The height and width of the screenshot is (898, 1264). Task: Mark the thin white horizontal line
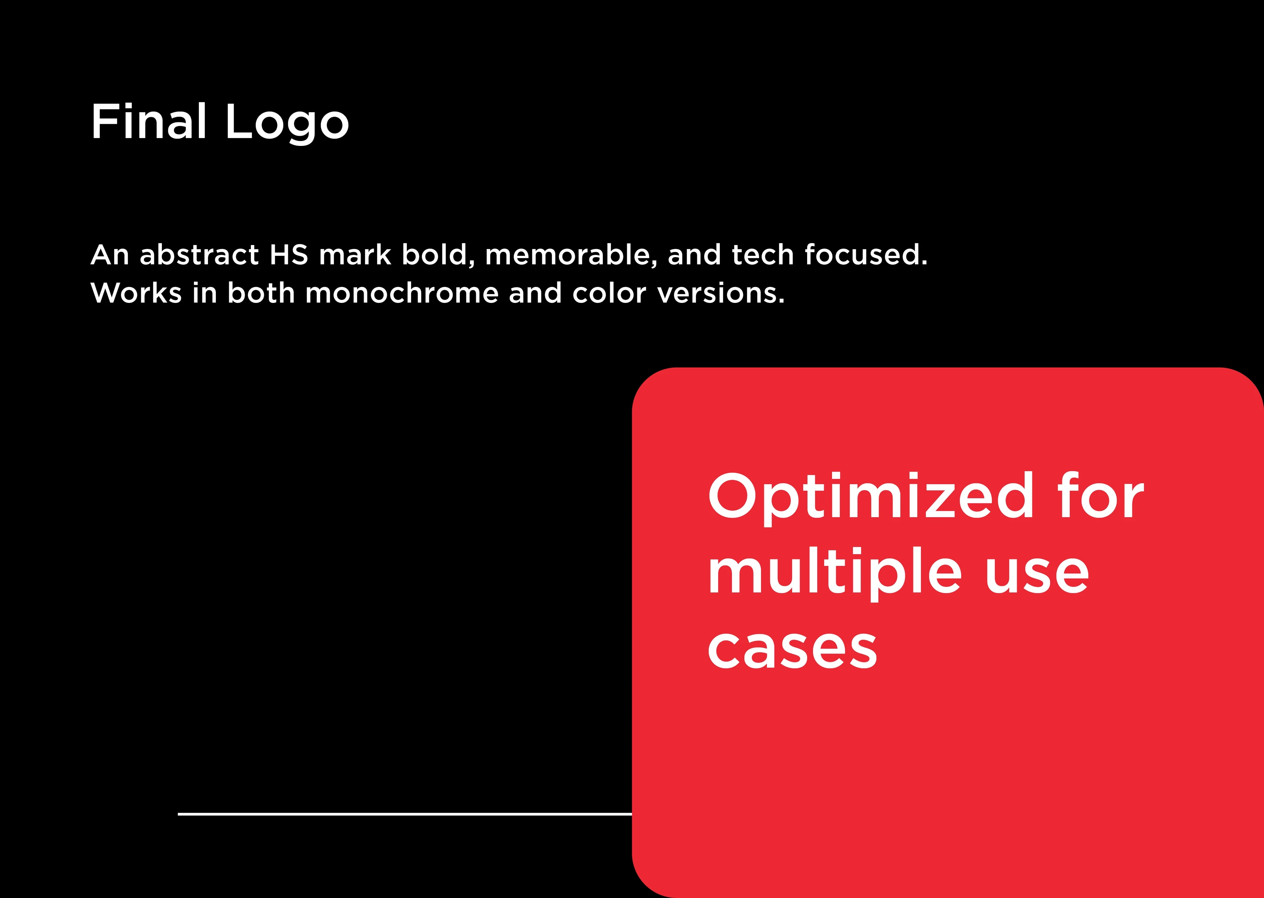point(405,814)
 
